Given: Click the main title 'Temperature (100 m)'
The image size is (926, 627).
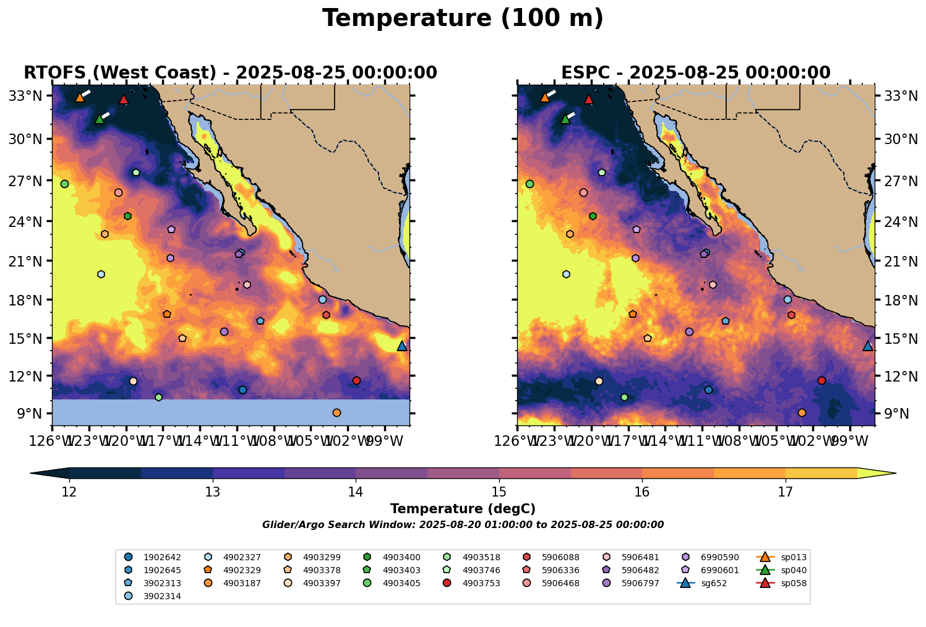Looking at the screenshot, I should (x=463, y=19).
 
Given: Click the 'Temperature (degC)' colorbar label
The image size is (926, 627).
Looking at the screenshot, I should (x=463, y=509).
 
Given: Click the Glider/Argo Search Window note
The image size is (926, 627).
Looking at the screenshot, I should (x=463, y=525).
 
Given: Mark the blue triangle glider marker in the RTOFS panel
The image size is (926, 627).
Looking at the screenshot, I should (x=402, y=346).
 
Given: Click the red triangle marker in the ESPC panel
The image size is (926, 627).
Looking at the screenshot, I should (x=588, y=100).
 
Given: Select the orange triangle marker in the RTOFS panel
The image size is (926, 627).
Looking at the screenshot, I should (x=80, y=97).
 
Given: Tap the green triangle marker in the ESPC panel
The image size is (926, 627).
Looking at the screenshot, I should (x=565, y=119).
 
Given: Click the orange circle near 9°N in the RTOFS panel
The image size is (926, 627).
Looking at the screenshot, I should (x=337, y=413).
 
